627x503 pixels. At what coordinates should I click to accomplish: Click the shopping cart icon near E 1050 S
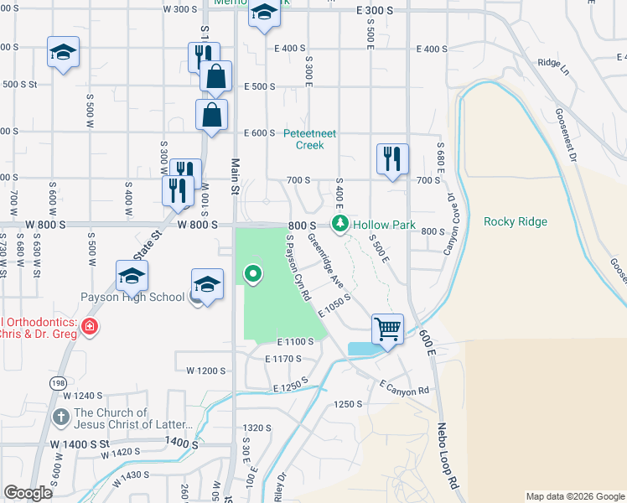pos(387,328)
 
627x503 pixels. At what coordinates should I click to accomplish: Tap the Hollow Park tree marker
pos(339,224)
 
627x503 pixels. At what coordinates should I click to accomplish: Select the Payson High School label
pos(132,297)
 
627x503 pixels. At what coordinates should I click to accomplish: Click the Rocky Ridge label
pos(515,221)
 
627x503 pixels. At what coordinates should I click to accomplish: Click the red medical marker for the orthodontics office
pos(89,328)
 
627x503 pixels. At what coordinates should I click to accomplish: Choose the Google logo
pos(28,492)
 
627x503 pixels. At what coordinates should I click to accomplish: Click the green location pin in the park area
pos(252,273)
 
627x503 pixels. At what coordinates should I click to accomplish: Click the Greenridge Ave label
pos(325,260)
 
